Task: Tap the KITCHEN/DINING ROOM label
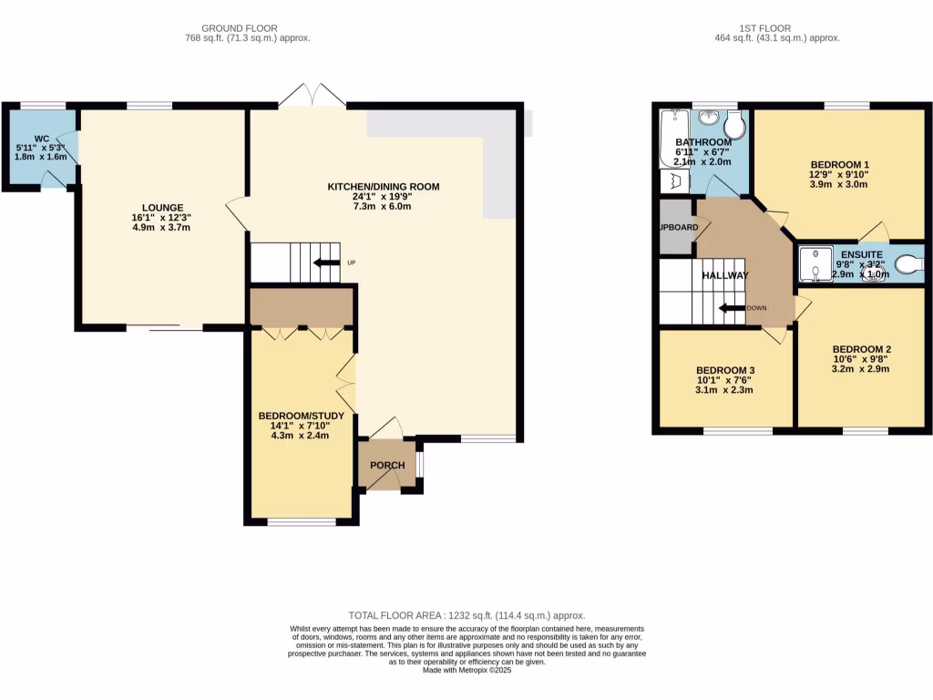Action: pos(384,187)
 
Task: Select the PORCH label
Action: pos(387,466)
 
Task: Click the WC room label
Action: pos(41,139)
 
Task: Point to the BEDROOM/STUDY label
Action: pos(301,416)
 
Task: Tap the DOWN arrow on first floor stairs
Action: pos(732,308)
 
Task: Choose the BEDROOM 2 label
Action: pos(861,349)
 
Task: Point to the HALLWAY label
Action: pos(725,275)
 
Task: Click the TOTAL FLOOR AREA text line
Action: pos(466,616)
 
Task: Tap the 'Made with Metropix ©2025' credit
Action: pos(466,670)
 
